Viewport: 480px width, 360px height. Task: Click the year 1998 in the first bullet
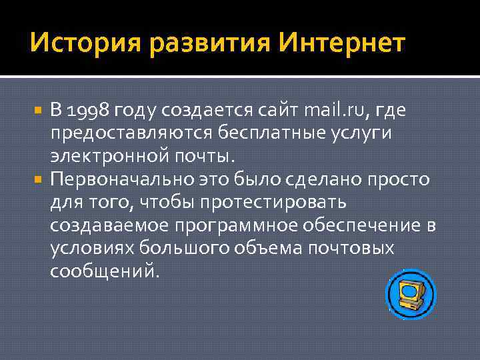pyautogui.click(x=89, y=111)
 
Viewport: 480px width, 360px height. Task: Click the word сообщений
pyautogui.click(x=105, y=271)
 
